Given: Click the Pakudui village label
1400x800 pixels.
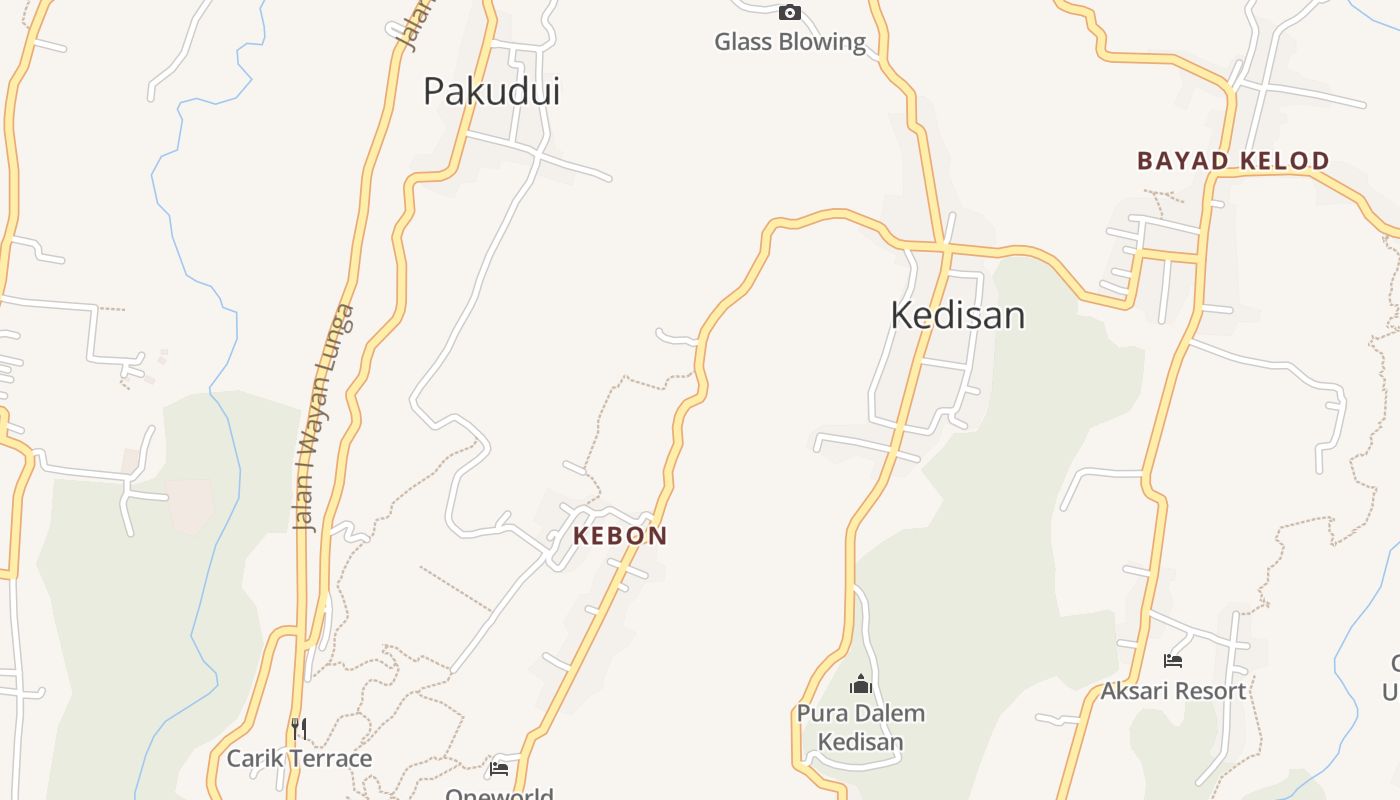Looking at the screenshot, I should (x=491, y=91).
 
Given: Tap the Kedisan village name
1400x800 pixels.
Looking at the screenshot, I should (x=957, y=315).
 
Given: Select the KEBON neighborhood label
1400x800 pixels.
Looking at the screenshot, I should (x=620, y=536).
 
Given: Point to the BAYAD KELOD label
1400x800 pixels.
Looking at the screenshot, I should (x=1233, y=161).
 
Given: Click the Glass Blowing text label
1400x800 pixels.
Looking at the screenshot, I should (x=790, y=42).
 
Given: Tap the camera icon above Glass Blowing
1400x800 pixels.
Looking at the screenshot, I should (x=790, y=13).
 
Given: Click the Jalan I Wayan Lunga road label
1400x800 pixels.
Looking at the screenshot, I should (x=323, y=416).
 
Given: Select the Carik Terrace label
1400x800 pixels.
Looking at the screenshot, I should (x=299, y=759).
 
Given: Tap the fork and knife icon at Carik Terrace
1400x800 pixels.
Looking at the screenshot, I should (x=298, y=728).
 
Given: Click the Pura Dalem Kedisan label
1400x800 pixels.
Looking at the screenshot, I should (x=861, y=728).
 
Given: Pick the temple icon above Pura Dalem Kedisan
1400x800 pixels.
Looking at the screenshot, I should (x=861, y=685).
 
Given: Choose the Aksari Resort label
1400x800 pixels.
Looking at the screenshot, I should (x=1173, y=691).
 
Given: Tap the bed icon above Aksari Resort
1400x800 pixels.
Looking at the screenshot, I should (x=1173, y=661).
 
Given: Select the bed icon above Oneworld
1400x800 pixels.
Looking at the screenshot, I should (x=499, y=768).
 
